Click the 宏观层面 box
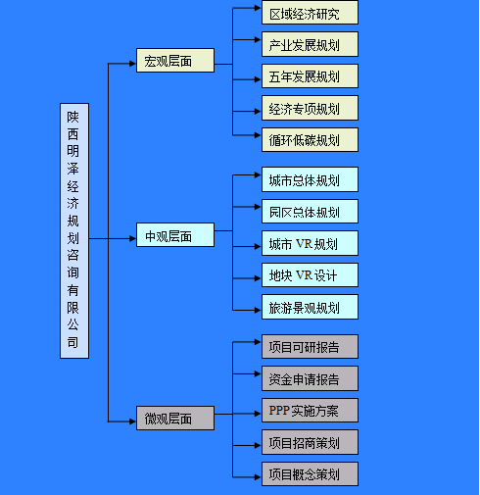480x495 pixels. pyautogui.click(x=175, y=61)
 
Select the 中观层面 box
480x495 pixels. pyautogui.click(x=175, y=235)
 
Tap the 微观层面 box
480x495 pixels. pyautogui.click(x=175, y=419)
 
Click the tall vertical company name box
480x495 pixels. pyautogui.click(x=74, y=231)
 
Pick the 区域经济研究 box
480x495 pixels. pyautogui.click(x=310, y=13)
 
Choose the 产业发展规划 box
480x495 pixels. pyautogui.click(x=310, y=44)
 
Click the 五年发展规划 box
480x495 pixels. pyautogui.click(x=310, y=76)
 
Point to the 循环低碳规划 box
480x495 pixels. pyautogui.click(x=310, y=140)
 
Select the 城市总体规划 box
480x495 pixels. pyautogui.click(x=310, y=179)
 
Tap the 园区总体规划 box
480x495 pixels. pyautogui.click(x=310, y=212)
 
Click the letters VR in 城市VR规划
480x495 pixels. pyautogui.click(x=304, y=244)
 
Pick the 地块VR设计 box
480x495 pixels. pyautogui.click(x=310, y=275)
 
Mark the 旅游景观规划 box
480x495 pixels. pyautogui.click(x=310, y=307)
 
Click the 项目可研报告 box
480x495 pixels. pyautogui.click(x=310, y=346)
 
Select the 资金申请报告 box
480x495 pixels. pyautogui.click(x=310, y=378)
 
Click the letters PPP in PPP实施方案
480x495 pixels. pyautogui.click(x=279, y=410)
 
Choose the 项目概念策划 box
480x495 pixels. pyautogui.click(x=310, y=474)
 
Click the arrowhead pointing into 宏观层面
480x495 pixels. pyautogui.click(x=132, y=64)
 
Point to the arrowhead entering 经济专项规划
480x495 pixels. pyautogui.click(x=258, y=112)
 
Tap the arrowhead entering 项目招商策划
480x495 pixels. pyautogui.click(x=258, y=445)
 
